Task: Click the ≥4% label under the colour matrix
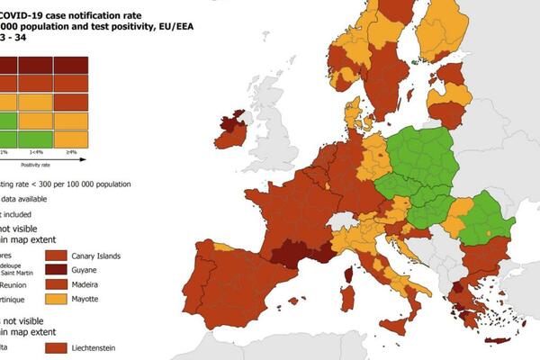[70, 152]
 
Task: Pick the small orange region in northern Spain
[224, 247]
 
